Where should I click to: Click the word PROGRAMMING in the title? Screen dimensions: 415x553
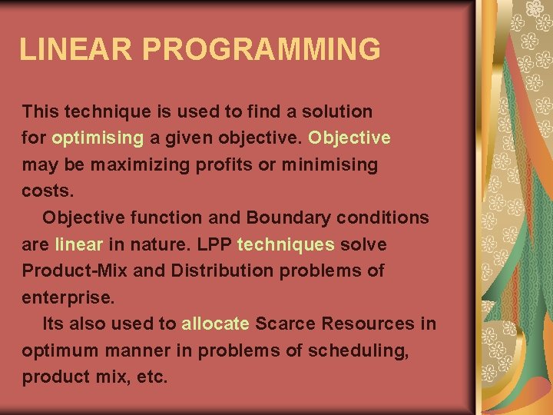(261, 49)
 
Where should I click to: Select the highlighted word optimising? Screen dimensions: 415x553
(98, 138)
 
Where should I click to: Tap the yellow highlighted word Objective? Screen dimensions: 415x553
(349, 138)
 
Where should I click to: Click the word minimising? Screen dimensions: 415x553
(331, 165)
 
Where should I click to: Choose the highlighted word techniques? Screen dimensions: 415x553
(286, 244)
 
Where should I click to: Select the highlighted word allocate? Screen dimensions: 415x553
(215, 324)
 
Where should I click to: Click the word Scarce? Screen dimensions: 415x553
(283, 324)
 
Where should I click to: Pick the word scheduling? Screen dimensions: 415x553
(357, 351)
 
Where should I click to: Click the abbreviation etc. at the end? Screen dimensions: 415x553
(152, 377)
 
